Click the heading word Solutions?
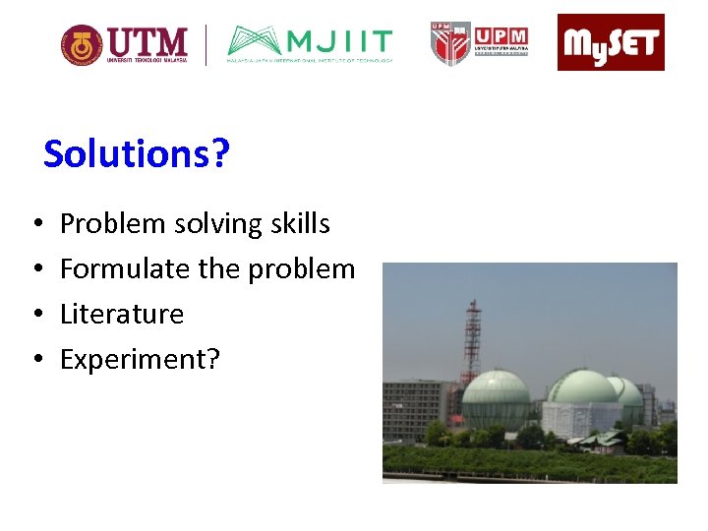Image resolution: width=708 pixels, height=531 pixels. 136,154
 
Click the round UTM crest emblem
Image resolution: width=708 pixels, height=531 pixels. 81,45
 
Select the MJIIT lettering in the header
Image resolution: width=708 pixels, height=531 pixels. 340,42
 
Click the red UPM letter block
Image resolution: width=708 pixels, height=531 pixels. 501,37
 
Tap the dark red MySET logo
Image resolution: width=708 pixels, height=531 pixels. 611,42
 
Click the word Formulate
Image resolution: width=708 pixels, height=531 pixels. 125,269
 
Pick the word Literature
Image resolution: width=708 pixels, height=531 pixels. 122,315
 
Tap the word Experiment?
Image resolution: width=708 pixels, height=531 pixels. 140,360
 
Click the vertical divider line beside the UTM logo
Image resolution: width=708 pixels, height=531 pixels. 206,45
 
